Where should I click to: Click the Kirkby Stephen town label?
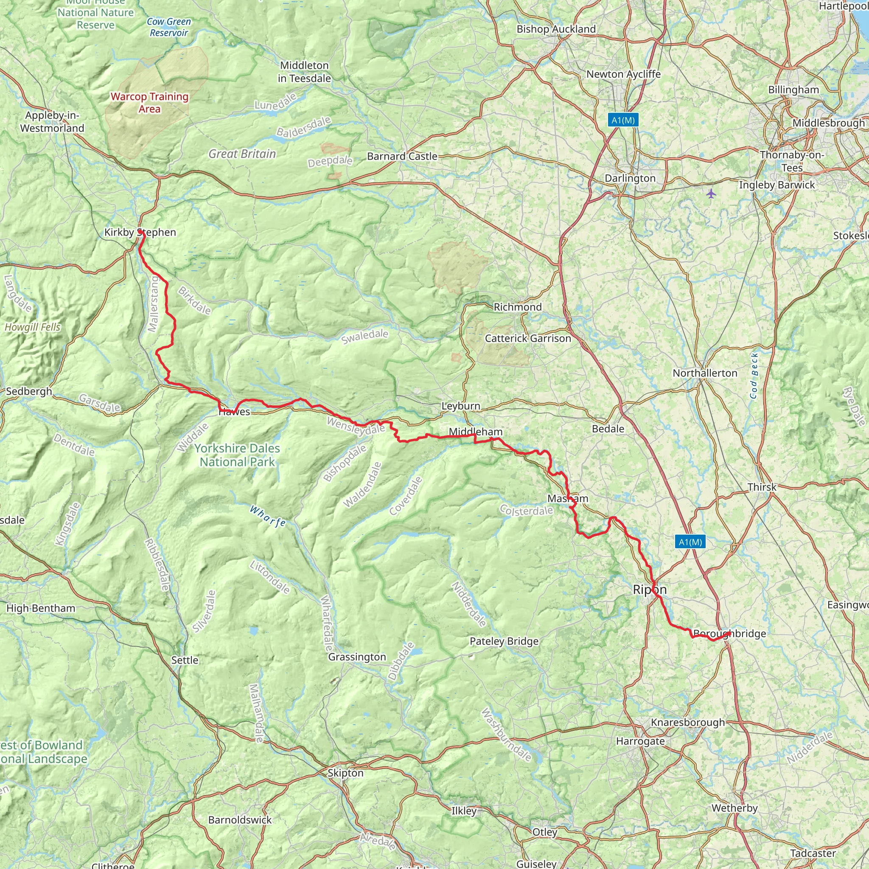point(140,232)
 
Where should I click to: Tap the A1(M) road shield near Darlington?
point(623,120)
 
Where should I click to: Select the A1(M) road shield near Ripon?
point(690,541)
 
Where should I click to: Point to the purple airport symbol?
point(711,194)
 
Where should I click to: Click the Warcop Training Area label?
point(149,103)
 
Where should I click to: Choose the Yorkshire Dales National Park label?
point(237,455)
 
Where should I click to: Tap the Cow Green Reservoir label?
point(169,27)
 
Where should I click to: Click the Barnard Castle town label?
point(402,156)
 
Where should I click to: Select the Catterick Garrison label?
point(527,338)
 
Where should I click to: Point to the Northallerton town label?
point(705,373)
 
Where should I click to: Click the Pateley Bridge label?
point(504,641)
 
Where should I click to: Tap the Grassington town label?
point(357,657)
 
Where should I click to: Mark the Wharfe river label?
point(268,516)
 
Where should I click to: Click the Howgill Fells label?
point(32,327)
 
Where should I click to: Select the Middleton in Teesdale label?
point(305,72)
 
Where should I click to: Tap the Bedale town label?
point(608,429)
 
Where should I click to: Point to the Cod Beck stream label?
point(754,376)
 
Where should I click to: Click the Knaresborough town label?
point(688,722)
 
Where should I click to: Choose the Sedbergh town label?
point(29,391)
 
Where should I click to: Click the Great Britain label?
point(242,154)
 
